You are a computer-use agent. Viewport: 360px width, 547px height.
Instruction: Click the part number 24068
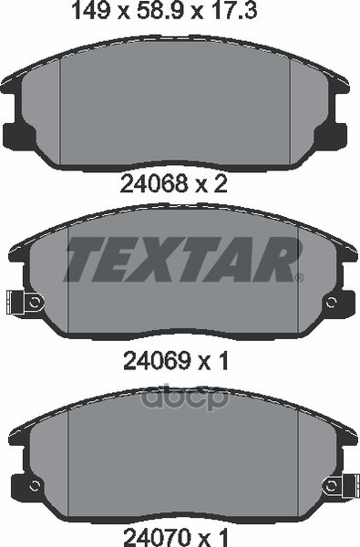coord(152,183)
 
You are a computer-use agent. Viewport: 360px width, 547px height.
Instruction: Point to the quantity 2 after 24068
coord(220,183)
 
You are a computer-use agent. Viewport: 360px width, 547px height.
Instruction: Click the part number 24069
coord(152,361)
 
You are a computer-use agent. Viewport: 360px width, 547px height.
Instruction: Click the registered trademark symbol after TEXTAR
coord(298,276)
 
